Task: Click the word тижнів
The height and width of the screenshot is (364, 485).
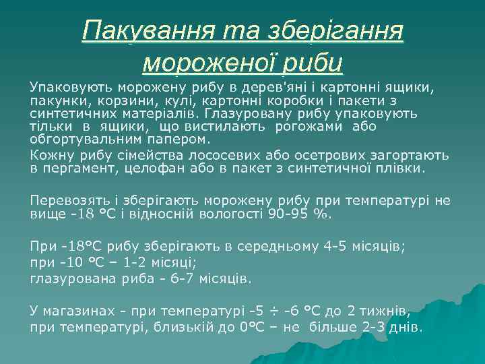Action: tap(387, 312)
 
